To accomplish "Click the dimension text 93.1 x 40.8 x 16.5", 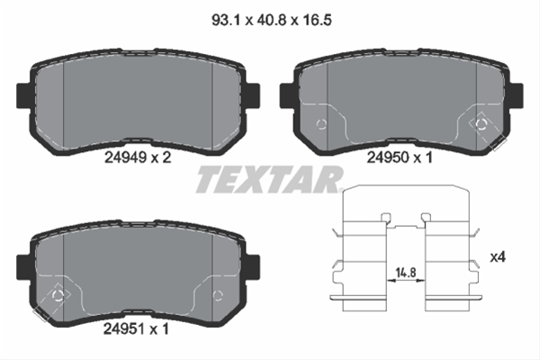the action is pos(272,21).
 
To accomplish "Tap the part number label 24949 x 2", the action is pos(138,157).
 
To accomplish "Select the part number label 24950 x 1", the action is pos(399,157).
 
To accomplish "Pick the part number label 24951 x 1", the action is pos(137,329).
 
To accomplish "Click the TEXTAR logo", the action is pos(270,179).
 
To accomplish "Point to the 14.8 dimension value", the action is pos(406,273).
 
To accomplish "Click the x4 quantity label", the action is pos(498,257).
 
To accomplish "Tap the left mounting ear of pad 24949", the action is pos(23,94).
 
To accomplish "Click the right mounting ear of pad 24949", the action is pos(253,94).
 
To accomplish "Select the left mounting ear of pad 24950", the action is pos(286,94).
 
